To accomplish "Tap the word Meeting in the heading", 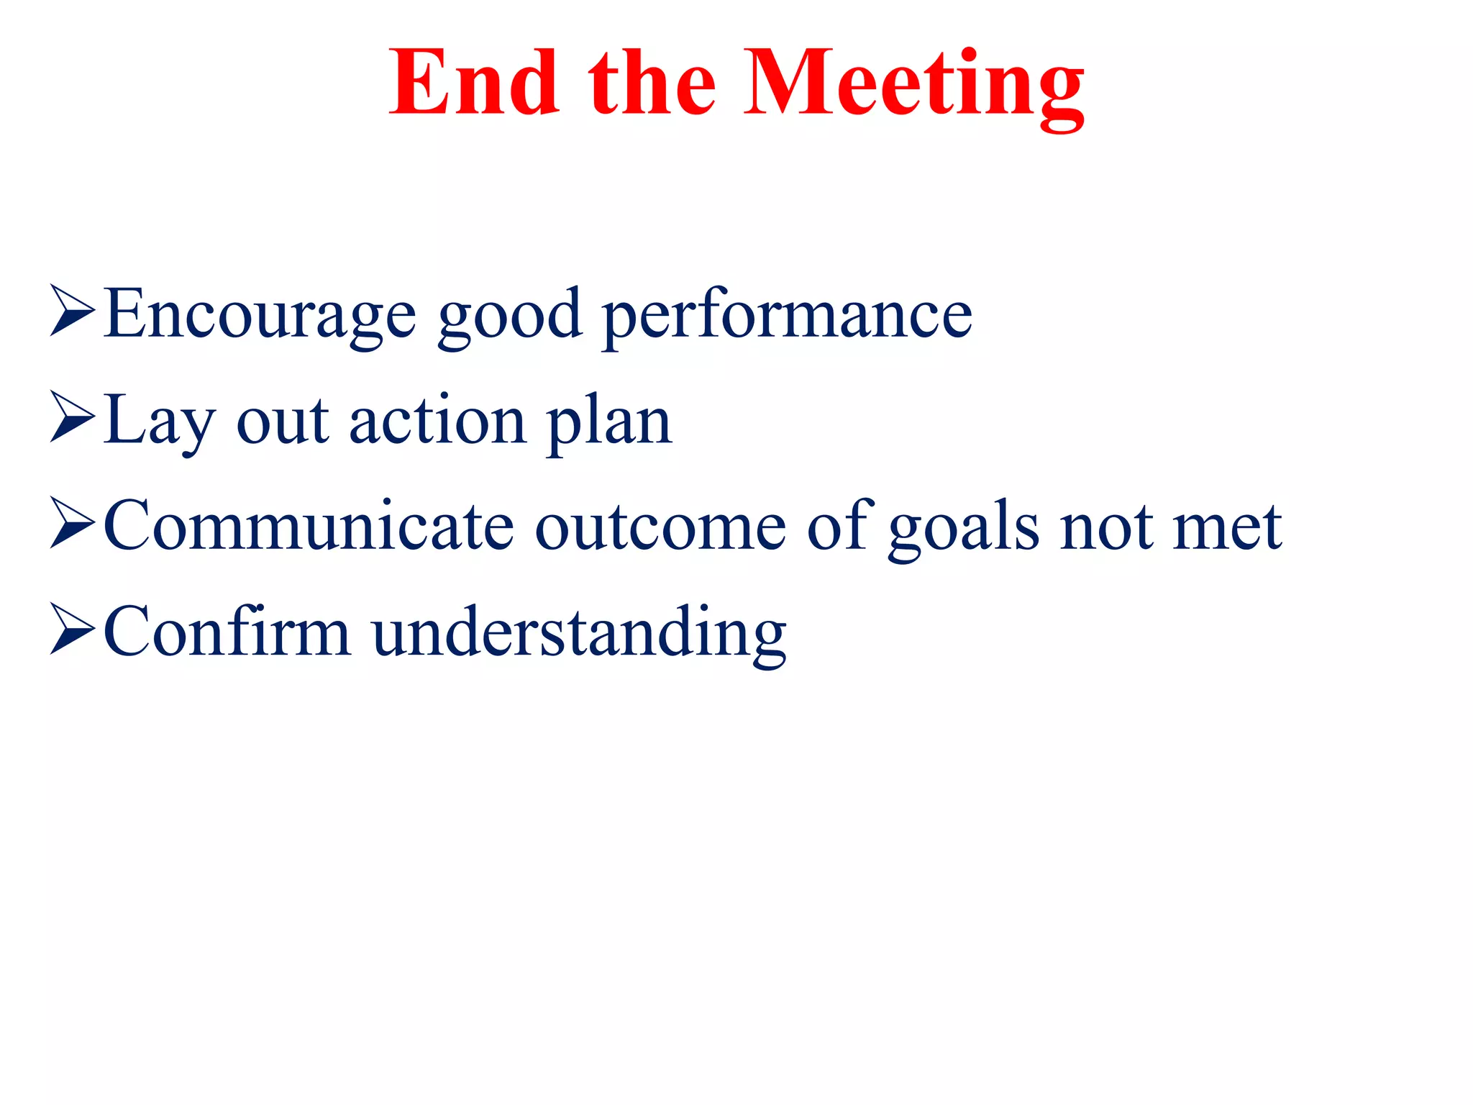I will (913, 85).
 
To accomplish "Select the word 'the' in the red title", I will (652, 83).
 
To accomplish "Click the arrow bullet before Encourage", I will (72, 311).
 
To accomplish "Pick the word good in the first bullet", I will (509, 317).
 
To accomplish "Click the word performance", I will (787, 317).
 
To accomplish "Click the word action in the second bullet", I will (437, 422).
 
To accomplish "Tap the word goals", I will (964, 529).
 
